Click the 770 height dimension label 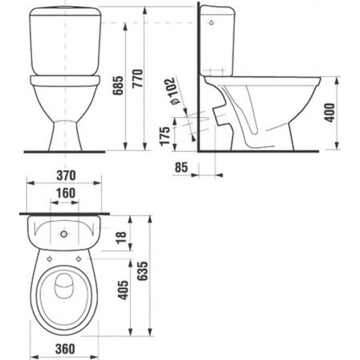[x=138, y=78]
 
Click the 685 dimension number [x=118, y=85]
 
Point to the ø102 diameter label [x=172, y=91]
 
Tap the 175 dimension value [x=165, y=136]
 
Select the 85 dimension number [x=181, y=167]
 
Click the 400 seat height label [x=329, y=113]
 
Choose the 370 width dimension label [x=66, y=175]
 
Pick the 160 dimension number [x=65, y=193]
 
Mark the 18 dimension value [x=121, y=238]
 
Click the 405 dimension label [x=123, y=290]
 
